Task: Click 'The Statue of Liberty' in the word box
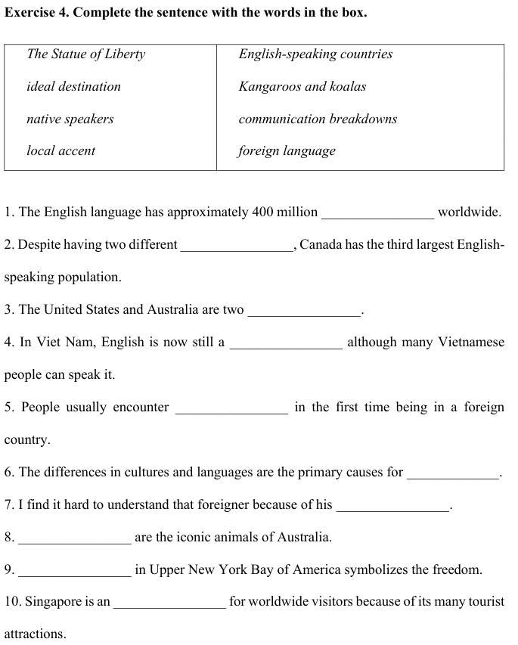pos(85,54)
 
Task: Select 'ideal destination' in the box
pos(73,86)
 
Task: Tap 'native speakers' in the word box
pos(70,119)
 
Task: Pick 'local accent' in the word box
pos(60,150)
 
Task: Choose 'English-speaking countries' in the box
pos(315,54)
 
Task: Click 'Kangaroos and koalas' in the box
pos(302,86)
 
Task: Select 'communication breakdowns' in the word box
pos(318,119)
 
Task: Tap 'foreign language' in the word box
pos(287,150)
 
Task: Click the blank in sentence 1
pos(378,214)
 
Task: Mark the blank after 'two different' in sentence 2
pos(237,247)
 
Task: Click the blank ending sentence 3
pos(304,312)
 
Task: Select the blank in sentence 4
pos(286,344)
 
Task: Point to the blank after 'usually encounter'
pos(231,409)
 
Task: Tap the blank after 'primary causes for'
pos(453,474)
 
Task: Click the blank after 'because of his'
pos(392,507)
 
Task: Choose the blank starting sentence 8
pos(75,539)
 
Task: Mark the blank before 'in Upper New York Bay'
pos(75,572)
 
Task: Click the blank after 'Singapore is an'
pos(169,604)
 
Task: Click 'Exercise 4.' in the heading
pos(37,13)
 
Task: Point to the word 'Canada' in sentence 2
pos(321,244)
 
